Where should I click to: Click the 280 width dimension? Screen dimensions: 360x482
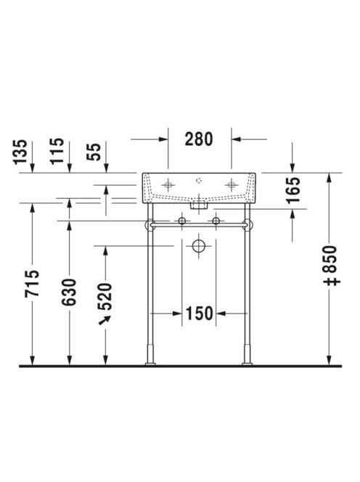coord(199,139)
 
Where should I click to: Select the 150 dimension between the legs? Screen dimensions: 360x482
coord(199,314)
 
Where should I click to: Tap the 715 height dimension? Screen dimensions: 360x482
coord(32,283)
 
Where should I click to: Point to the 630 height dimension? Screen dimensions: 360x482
coord(69,293)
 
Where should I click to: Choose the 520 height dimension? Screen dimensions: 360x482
coord(105,296)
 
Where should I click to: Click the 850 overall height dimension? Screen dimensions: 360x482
coord(332,266)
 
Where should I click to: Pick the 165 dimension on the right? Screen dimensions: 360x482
coord(293,190)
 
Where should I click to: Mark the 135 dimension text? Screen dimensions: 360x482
coord(20,152)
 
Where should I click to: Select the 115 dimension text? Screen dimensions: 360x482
coord(57,151)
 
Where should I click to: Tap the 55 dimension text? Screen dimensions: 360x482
coord(94,152)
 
